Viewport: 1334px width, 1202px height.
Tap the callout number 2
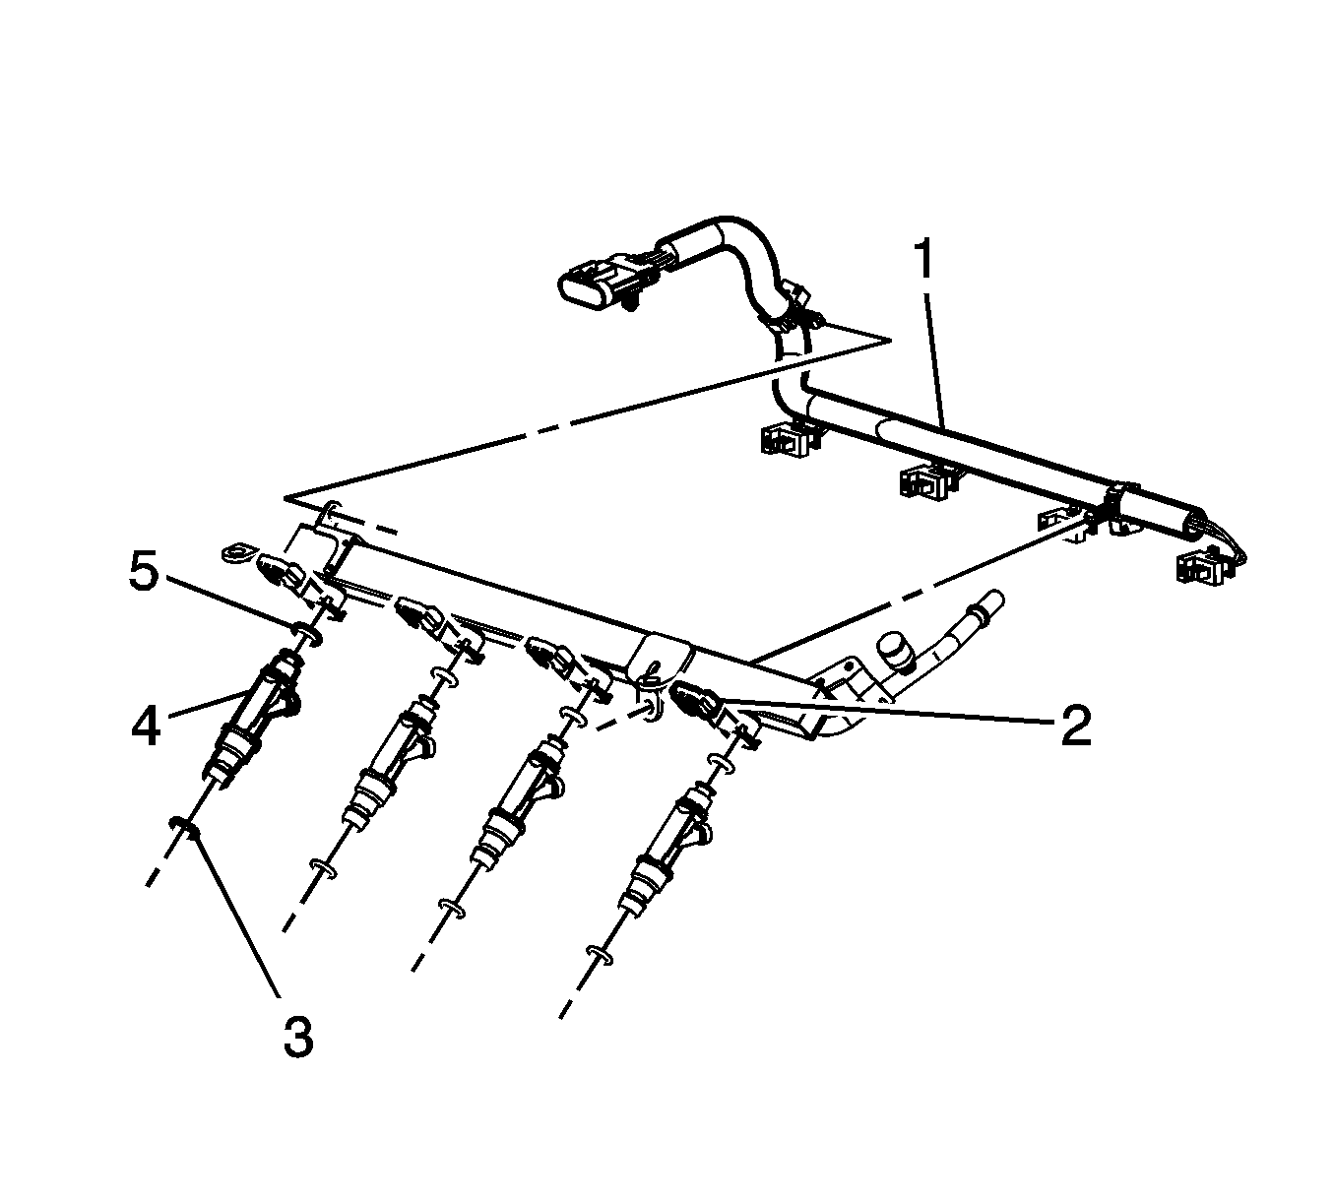(1075, 726)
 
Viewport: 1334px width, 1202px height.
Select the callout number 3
(298, 1040)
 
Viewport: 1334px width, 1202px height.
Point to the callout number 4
(146, 727)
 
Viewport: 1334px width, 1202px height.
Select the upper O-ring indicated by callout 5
(306, 633)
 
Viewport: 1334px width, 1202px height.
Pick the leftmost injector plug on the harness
(788, 439)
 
